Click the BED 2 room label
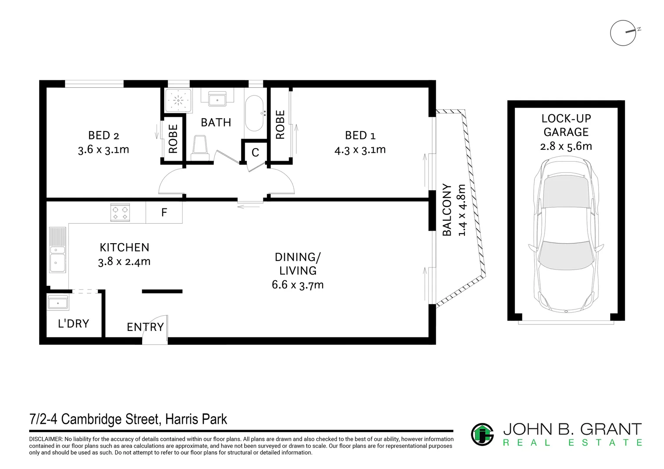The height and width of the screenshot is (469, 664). [x=104, y=135]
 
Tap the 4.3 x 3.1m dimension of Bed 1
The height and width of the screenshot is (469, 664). [x=360, y=150]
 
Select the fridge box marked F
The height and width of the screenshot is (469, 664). [x=164, y=213]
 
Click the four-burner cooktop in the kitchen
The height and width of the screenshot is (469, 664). [x=120, y=212]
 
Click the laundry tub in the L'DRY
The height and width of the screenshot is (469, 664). [x=57, y=303]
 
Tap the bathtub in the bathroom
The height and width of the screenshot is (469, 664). [x=254, y=114]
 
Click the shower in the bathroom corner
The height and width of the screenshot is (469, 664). [x=177, y=101]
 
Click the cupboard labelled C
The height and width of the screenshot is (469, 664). [x=255, y=152]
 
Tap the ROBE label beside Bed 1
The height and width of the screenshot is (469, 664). [x=280, y=125]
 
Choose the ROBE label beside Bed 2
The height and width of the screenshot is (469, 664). [x=173, y=139]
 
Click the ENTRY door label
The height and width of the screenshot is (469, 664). [x=145, y=327]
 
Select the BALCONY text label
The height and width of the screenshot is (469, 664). [x=447, y=210]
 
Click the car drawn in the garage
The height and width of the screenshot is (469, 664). [x=566, y=234]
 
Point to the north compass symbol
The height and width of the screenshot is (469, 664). [x=623, y=33]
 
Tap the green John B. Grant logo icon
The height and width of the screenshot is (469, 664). [x=482, y=434]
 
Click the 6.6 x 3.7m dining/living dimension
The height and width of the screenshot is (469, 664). [x=298, y=285]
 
